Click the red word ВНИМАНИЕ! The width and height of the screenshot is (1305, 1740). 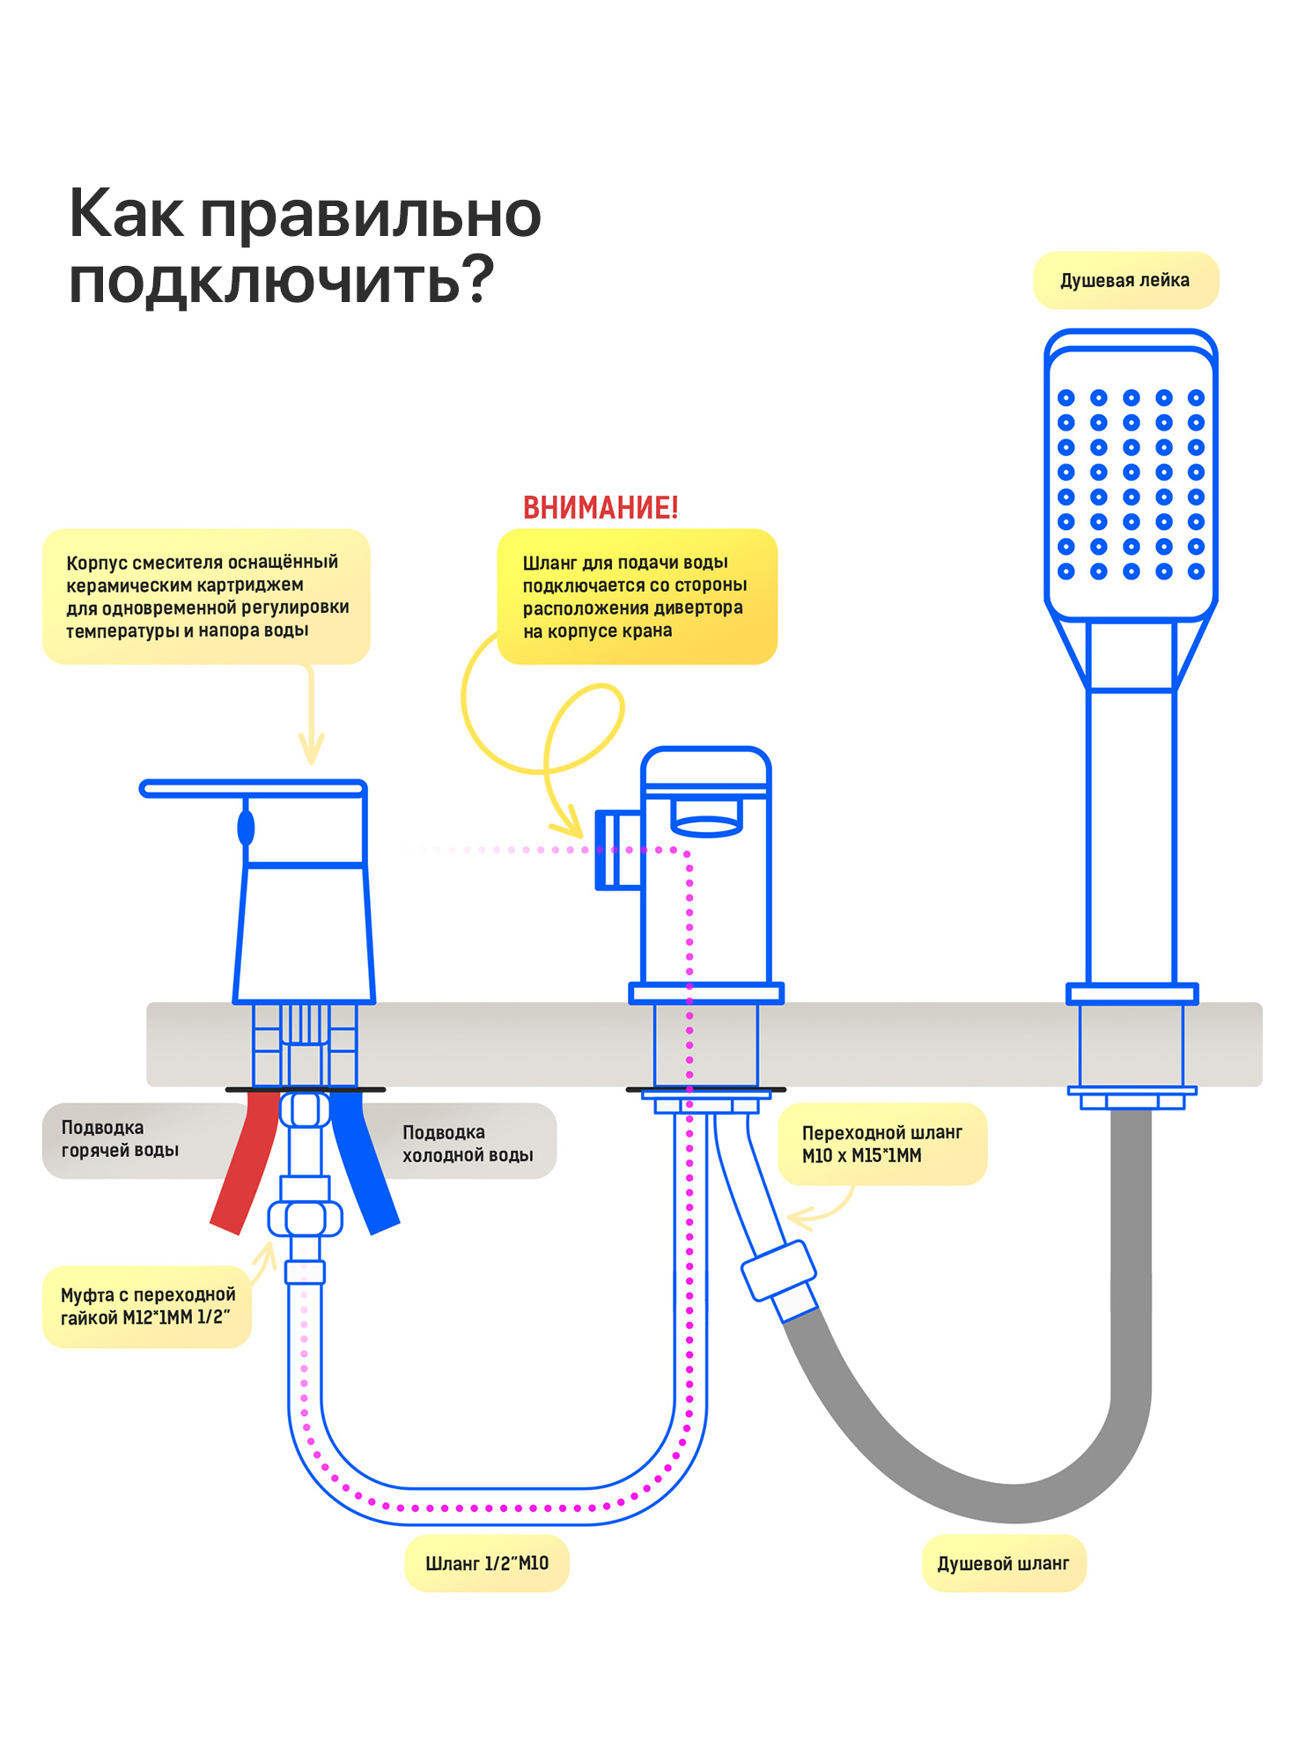tap(601, 508)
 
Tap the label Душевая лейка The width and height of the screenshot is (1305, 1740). tap(1124, 281)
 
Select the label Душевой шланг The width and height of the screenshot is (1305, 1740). tap(1003, 1564)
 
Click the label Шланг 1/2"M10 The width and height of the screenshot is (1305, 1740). tap(487, 1564)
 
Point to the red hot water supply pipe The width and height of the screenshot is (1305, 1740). tap(245, 1162)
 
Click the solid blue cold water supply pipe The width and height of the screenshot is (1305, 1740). tap(364, 1162)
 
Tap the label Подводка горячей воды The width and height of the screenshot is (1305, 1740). tap(121, 1139)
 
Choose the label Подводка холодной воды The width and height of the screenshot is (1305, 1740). tap(468, 1143)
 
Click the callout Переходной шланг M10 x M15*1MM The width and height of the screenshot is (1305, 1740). tap(882, 1144)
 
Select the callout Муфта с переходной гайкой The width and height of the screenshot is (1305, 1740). tap(147, 1307)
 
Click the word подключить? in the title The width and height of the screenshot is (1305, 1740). tap(282, 280)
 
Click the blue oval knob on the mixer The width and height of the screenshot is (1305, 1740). tap(247, 828)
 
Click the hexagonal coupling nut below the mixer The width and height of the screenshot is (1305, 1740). tap(305, 1219)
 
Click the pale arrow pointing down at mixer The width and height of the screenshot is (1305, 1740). tap(311, 713)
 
